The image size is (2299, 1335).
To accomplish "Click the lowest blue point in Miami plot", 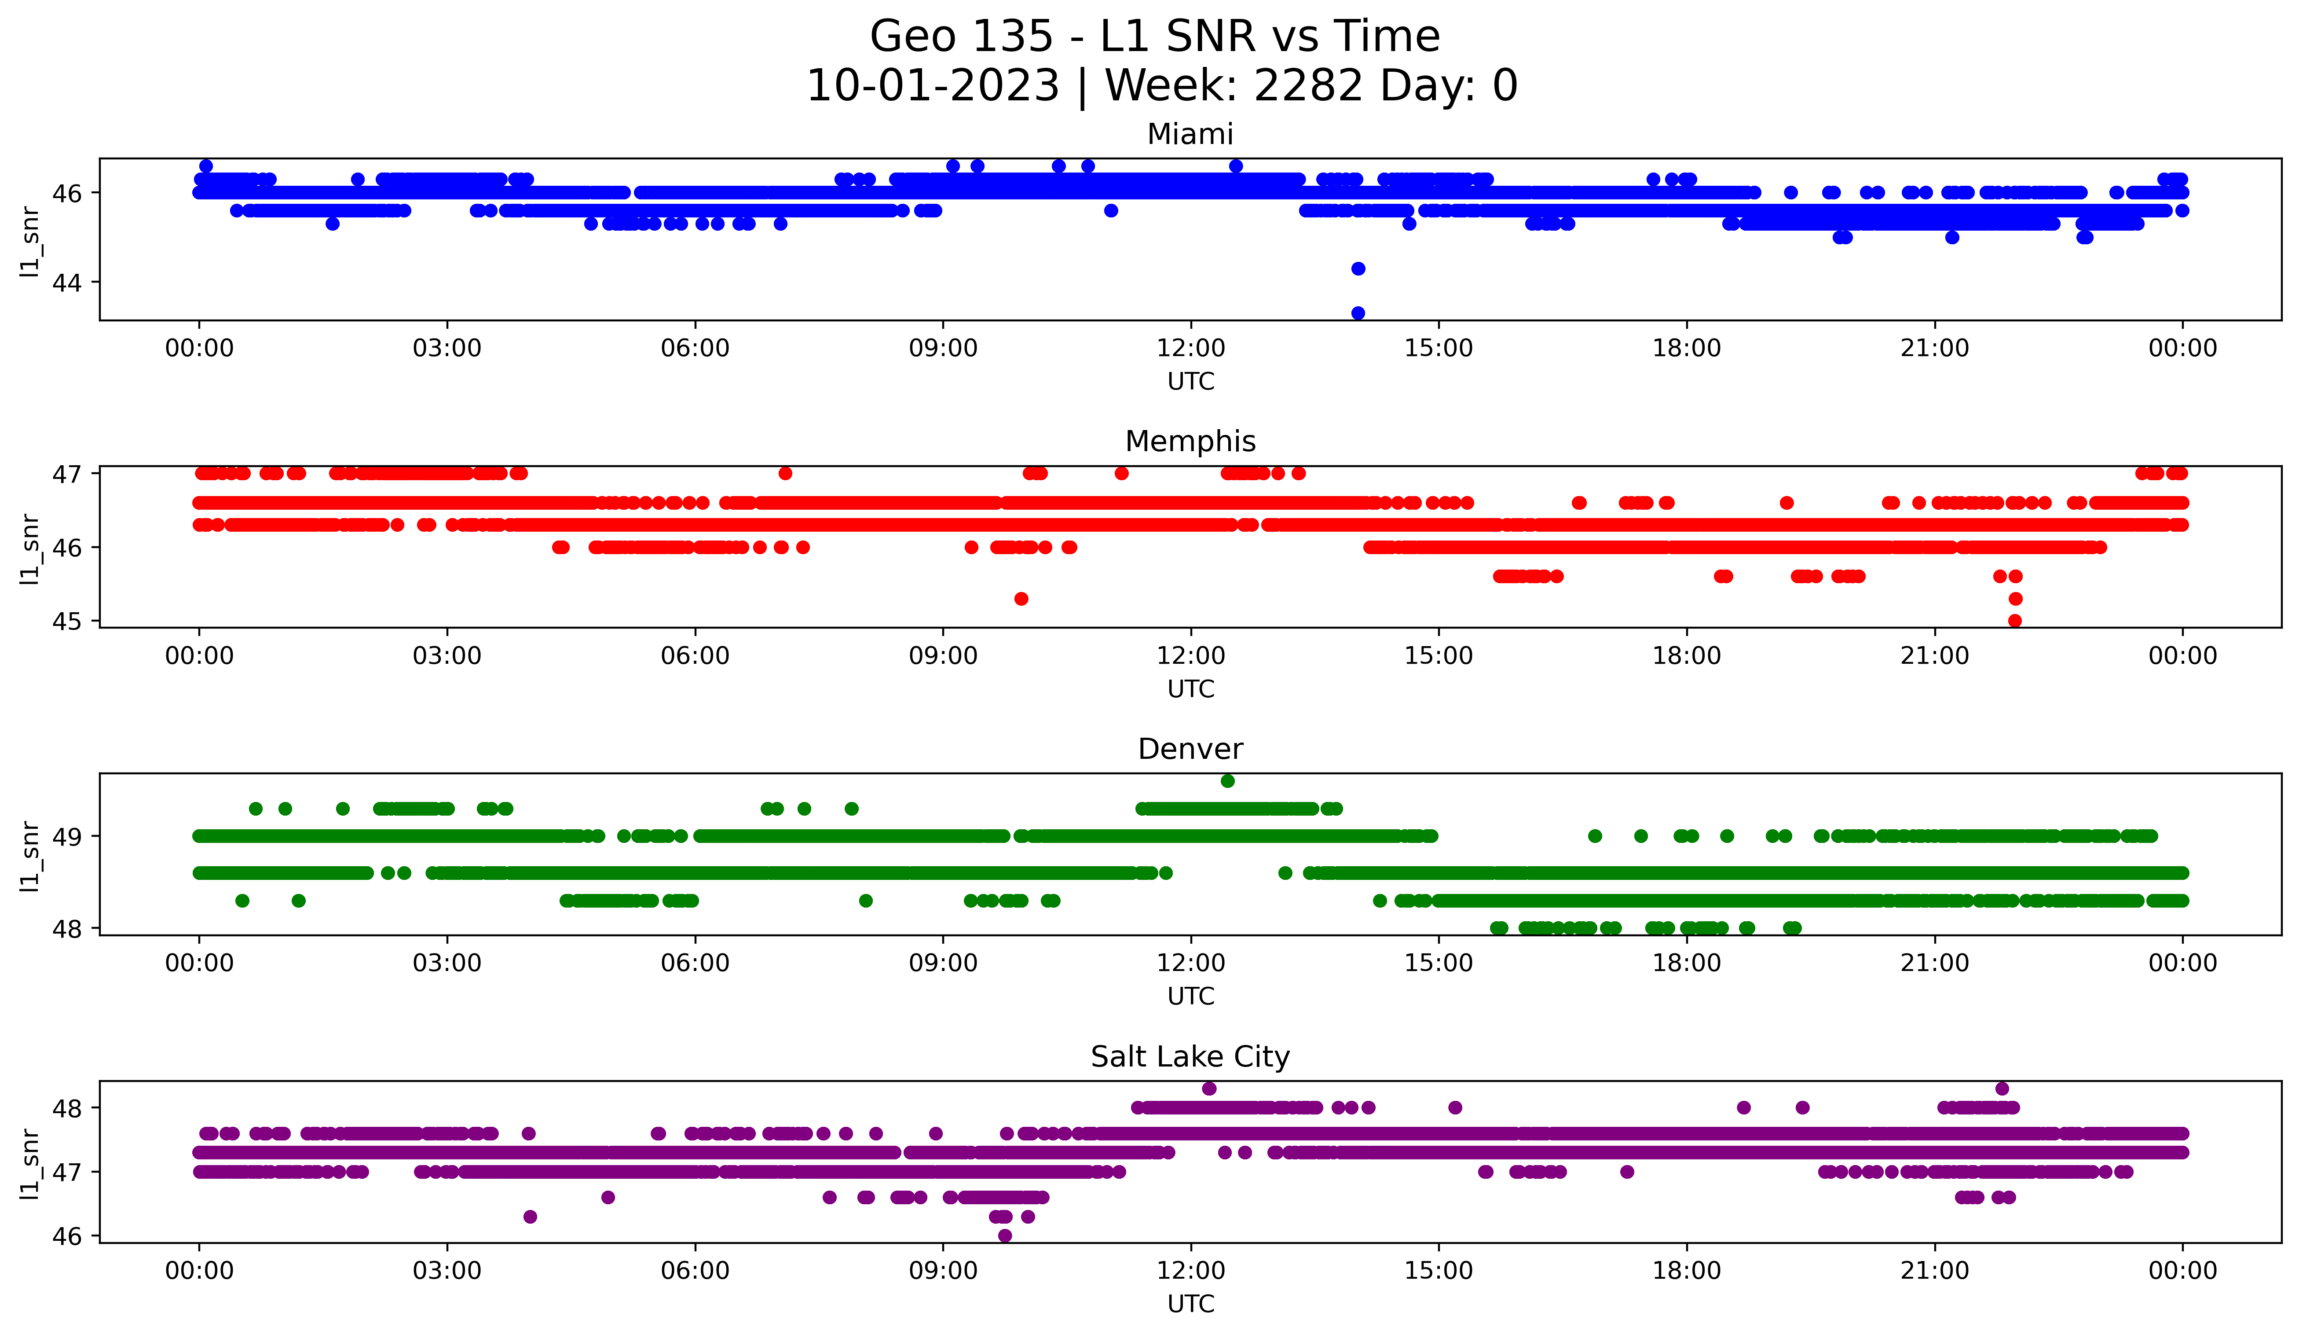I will (1358, 313).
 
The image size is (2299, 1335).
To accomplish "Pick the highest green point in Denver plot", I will (1228, 781).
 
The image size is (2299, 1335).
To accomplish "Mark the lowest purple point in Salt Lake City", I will (1004, 1236).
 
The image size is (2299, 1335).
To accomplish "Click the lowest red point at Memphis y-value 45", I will (2015, 621).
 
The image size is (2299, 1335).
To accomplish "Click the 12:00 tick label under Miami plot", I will (1190, 349).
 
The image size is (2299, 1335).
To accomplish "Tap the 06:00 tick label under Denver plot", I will (695, 964).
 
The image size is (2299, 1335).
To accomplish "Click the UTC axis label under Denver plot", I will (1190, 997).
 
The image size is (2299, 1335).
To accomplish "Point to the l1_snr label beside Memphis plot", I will (30, 548).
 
